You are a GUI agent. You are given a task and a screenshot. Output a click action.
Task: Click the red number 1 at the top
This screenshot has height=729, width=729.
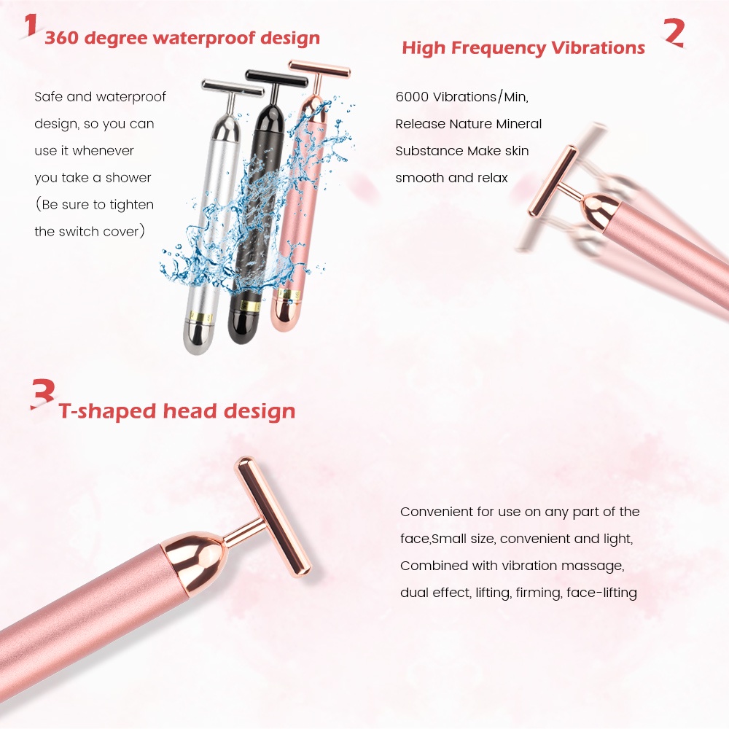pos(30,25)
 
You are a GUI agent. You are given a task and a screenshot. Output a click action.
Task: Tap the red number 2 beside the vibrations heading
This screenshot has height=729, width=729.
pos(674,33)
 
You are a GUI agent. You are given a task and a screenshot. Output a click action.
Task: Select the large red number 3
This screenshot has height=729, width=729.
pos(43,394)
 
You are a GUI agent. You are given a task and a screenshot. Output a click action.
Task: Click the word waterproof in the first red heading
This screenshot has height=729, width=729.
pos(204,38)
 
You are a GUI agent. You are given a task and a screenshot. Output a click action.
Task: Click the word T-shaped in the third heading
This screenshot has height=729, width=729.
pos(107,411)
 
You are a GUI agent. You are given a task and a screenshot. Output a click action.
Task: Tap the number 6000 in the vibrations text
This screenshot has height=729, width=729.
pos(412,97)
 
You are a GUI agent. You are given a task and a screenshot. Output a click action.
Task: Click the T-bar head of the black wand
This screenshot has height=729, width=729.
pos(276,79)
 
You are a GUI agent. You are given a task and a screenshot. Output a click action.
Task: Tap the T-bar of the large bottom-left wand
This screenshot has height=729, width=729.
pos(273,517)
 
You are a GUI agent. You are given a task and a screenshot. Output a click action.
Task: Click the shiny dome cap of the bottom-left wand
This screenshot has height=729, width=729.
pos(195,555)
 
